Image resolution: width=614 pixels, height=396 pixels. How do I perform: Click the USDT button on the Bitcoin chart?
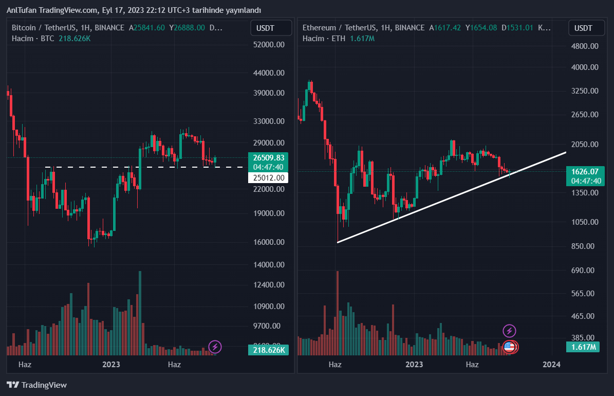266,28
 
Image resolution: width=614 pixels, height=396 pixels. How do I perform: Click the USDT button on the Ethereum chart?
583,28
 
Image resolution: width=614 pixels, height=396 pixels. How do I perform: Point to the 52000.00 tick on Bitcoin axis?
269,45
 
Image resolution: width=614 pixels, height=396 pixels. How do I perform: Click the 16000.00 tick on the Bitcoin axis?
269,242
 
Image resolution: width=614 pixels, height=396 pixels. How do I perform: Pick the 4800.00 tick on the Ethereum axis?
585,46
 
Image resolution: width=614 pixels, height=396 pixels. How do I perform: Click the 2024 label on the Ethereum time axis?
552,365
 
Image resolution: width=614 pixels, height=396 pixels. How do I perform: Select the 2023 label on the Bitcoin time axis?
111,365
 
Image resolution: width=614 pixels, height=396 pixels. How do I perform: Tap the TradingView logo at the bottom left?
37,385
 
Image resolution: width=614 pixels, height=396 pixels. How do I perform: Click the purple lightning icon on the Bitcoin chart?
215,347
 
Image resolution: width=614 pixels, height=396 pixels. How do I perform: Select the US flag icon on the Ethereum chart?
509,347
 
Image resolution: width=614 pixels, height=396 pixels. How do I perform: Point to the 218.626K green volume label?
268,350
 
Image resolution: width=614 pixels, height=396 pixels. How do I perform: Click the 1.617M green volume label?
584,347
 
